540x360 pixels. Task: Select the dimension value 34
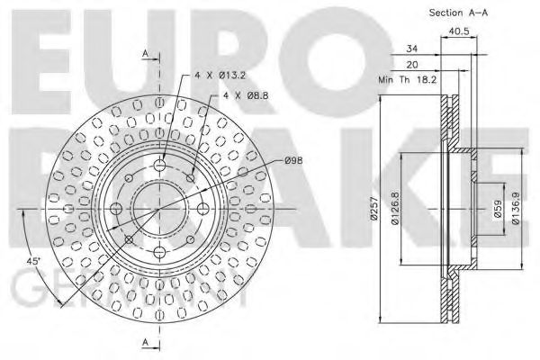(x=411, y=49)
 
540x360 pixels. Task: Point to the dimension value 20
(x=411, y=64)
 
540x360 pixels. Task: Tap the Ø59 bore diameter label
(x=496, y=211)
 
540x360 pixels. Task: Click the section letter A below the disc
(x=144, y=342)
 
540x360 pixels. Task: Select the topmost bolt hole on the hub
(x=160, y=164)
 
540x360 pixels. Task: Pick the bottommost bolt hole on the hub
(x=160, y=251)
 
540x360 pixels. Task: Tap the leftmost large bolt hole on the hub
(x=116, y=208)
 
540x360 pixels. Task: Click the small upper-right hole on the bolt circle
(x=191, y=177)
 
